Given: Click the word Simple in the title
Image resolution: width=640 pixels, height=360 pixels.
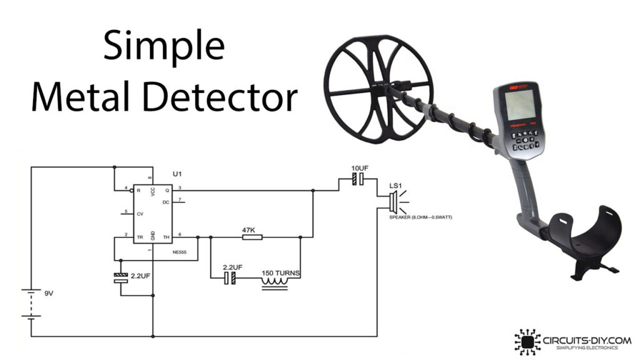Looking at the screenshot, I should pyautogui.click(x=164, y=47).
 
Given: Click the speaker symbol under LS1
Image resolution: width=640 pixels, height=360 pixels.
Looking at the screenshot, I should pyautogui.click(x=393, y=201).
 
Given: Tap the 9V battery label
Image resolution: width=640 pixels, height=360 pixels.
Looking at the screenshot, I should pyautogui.click(x=49, y=293).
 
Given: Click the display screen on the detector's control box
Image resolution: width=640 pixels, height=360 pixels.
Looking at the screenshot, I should pyautogui.click(x=518, y=105).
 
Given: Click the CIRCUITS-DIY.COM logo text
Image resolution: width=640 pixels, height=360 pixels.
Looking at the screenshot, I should pyautogui.click(x=581, y=339).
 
